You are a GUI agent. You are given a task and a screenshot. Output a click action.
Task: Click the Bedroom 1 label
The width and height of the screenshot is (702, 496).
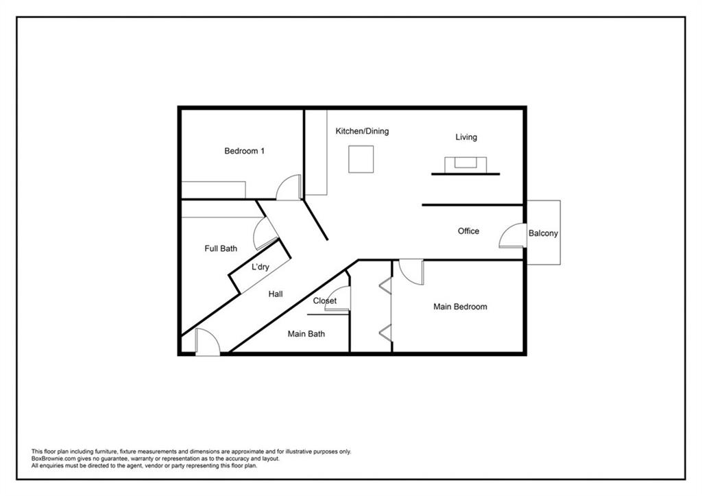pyautogui.click(x=244, y=151)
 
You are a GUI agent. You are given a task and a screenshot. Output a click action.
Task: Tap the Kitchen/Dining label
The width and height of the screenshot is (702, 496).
pyautogui.click(x=362, y=131)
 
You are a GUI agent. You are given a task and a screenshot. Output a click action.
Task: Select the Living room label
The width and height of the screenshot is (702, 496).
pyautogui.click(x=466, y=137)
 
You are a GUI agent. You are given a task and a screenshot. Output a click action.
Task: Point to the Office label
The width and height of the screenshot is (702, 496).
pyautogui.click(x=468, y=231)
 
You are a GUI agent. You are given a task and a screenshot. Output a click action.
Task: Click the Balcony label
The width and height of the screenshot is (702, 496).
pyautogui.click(x=543, y=233)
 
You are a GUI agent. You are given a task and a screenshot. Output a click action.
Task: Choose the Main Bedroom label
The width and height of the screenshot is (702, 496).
pyautogui.click(x=460, y=307)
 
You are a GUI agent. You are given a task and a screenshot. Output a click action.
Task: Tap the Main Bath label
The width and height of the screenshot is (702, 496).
pyautogui.click(x=306, y=334)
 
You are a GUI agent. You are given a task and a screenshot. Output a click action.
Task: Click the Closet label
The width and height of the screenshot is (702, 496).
pyautogui.click(x=324, y=300)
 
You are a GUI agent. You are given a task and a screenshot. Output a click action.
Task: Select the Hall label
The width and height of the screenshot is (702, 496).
pyautogui.click(x=276, y=294)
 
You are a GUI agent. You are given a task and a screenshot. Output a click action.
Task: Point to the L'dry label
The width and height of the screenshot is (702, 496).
pyautogui.click(x=260, y=267)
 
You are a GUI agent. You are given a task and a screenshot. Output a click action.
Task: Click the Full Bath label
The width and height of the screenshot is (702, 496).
pyautogui.click(x=221, y=248)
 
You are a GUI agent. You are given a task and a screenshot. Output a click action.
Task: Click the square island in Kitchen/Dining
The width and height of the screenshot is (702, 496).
pyautogui.click(x=361, y=159)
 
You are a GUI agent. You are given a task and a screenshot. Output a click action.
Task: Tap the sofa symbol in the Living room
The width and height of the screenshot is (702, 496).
pyautogui.click(x=465, y=165)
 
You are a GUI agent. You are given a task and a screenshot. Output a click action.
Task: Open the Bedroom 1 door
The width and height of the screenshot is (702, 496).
pyautogui.click(x=289, y=187)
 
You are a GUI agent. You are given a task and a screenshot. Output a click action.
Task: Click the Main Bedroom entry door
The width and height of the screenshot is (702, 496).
pyautogui.click(x=411, y=272)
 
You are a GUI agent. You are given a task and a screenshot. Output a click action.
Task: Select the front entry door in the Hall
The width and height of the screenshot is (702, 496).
pyautogui.click(x=208, y=342)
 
